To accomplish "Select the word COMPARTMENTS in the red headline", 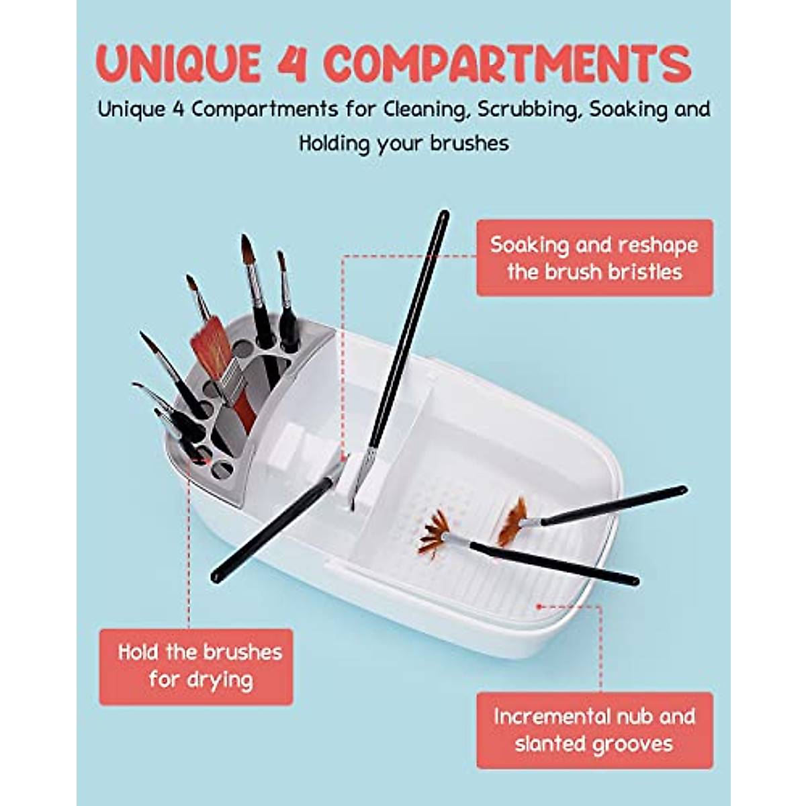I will click(507, 64).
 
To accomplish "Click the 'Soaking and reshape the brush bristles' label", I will click(594, 258).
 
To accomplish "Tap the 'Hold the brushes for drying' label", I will click(196, 666).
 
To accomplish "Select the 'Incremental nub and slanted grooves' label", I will click(594, 730).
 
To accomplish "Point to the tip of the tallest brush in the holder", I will click(246, 240).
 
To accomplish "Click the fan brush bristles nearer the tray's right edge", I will click(512, 521).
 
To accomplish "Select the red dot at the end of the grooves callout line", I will click(538, 606).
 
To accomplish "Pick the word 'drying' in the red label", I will click(220, 680).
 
